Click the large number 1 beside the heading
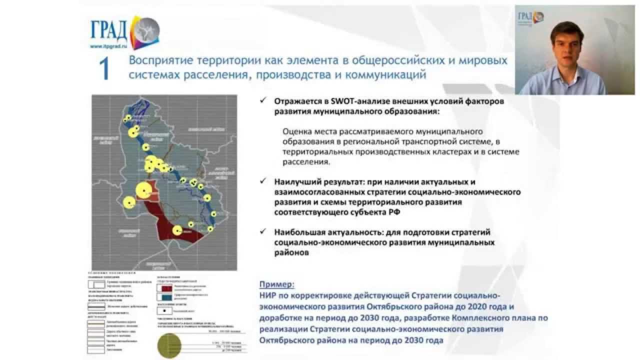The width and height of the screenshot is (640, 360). tap(104, 68)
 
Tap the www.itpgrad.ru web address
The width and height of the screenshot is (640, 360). tap(108, 46)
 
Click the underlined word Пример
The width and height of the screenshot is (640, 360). tap(276, 284)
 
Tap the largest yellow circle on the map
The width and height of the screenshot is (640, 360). tap(143, 190)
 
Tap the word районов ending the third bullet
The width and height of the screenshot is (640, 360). tap(291, 253)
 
